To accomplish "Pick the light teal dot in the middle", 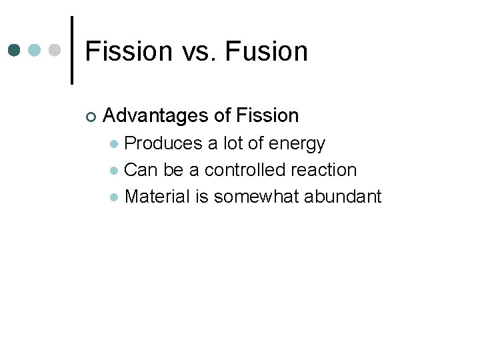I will pyautogui.click(x=35, y=50).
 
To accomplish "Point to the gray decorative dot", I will pyautogui.click(x=55, y=50).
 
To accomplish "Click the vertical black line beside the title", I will pyautogui.click(x=72, y=50).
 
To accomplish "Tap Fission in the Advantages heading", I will pyautogui.click(x=267, y=116).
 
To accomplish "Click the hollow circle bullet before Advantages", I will pyautogui.click(x=91, y=117).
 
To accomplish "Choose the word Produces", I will pyautogui.click(x=162, y=143).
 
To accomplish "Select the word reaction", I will pyautogui.click(x=324, y=170).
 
